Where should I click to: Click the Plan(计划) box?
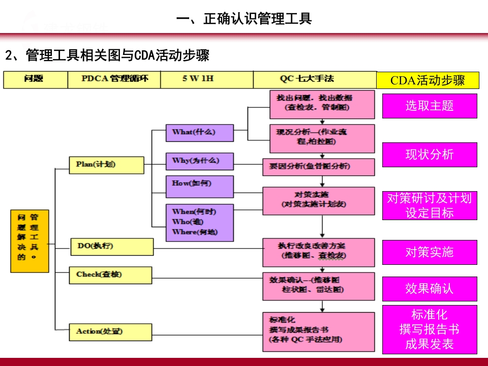point(106,165)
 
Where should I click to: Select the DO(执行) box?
point(111,247)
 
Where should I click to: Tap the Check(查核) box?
point(110,275)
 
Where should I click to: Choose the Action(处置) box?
point(110,331)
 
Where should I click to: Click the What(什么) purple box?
point(199,132)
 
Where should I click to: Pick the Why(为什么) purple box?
point(199,161)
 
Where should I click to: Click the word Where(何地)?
point(191,232)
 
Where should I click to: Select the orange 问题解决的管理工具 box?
point(30,241)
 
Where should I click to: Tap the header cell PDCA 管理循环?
point(114,80)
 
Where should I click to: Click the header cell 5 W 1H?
point(206,80)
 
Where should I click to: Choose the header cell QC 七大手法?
point(314,80)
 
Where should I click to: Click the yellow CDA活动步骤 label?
point(428,80)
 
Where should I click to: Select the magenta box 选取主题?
point(430,106)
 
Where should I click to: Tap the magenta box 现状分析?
point(430,155)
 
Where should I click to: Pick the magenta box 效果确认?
point(430,289)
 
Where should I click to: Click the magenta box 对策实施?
point(430,252)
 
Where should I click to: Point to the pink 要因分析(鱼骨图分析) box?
point(318,166)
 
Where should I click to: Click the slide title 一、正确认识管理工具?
point(244,19)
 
